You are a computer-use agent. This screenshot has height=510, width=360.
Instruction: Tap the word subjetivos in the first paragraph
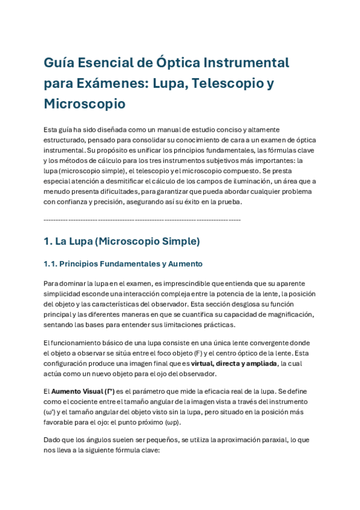click(x=232, y=161)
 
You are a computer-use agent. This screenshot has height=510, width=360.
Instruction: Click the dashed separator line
click(x=142, y=220)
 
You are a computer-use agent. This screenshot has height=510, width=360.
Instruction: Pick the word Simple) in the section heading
click(x=181, y=242)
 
